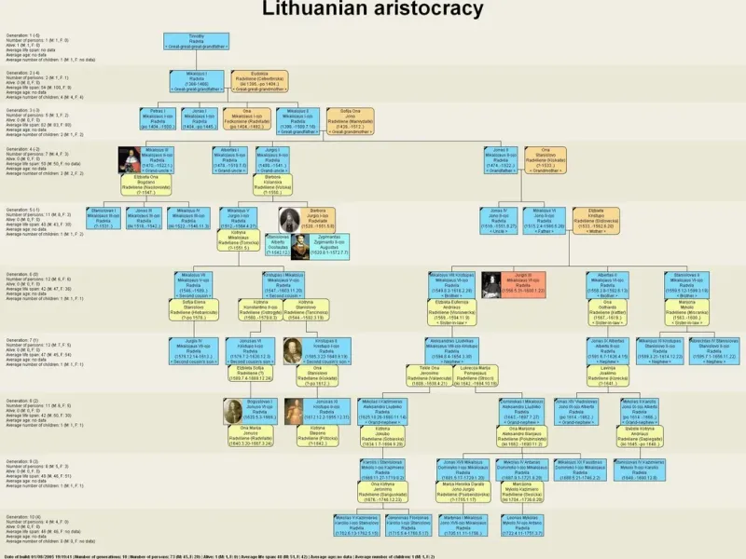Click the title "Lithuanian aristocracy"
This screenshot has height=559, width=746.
(373, 9)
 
